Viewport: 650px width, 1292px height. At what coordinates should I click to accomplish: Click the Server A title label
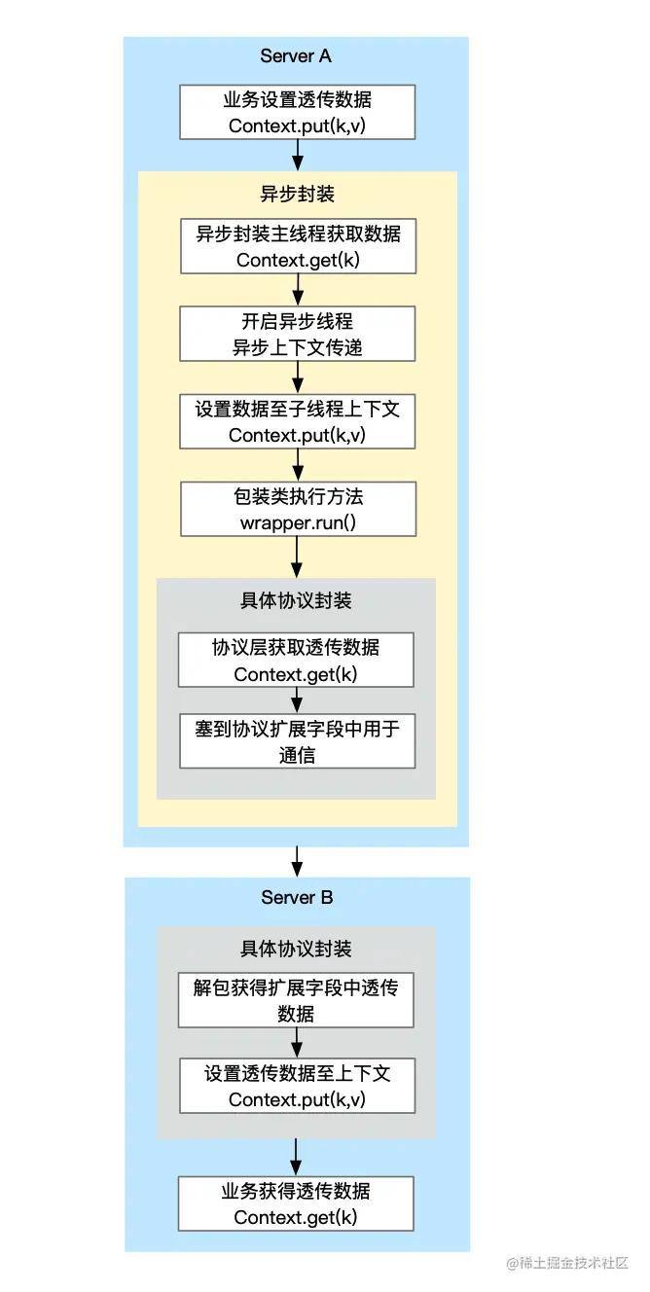click(296, 56)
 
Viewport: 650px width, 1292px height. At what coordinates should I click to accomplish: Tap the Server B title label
click(297, 897)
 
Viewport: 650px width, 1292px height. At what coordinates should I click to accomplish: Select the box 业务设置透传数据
click(297, 112)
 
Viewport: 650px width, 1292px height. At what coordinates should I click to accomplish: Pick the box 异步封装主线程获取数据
click(297, 246)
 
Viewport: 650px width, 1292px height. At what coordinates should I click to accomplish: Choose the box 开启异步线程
click(297, 334)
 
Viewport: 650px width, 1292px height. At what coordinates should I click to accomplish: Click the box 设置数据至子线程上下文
click(297, 421)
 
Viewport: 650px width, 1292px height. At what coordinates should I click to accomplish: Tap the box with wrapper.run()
click(297, 509)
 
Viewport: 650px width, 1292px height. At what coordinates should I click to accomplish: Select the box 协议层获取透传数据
click(297, 660)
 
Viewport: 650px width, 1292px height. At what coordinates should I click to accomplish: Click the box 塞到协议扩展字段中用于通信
click(297, 741)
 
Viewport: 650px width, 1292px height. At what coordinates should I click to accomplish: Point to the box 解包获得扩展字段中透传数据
click(297, 999)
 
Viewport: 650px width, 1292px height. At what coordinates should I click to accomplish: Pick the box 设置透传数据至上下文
click(297, 1086)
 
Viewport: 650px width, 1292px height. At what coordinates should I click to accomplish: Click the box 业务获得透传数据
click(297, 1203)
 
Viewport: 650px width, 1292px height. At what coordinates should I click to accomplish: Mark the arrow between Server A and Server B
click(297, 861)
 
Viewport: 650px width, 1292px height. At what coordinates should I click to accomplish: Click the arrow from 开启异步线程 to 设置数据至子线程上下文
click(297, 377)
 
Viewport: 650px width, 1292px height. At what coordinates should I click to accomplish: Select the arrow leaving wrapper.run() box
click(297, 556)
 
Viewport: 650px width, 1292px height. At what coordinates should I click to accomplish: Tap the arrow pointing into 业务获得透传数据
click(297, 1157)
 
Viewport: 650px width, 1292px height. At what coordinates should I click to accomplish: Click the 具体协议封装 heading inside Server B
click(297, 949)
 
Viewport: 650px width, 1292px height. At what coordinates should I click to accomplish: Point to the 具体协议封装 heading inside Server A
click(297, 600)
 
